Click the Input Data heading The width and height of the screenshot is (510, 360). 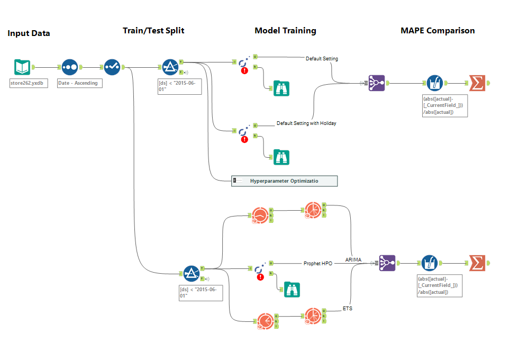coord(29,33)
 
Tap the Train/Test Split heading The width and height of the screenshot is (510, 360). coord(153,31)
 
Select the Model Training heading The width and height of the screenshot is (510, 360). coord(285,31)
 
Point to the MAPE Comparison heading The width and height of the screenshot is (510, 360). coord(438,31)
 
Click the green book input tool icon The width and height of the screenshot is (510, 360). coord(22,67)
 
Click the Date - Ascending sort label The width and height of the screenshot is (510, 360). coord(77,83)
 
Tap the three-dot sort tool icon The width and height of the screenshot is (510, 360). coord(70,67)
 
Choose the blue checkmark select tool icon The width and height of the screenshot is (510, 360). coord(112,67)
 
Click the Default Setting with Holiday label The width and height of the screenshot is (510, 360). coord(306,123)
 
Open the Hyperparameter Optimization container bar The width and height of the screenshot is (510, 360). coord(284,181)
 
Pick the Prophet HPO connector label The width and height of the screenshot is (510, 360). coord(318,263)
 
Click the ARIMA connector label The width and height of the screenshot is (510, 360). coord(353,259)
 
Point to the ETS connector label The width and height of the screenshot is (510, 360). coord(348,308)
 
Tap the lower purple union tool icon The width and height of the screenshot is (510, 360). coord(387,263)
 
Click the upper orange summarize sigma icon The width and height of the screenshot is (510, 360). coord(477,83)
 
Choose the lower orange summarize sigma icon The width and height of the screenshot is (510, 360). coord(477,263)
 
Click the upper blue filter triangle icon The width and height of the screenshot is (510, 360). coord(169,67)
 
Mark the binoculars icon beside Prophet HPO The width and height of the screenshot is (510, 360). coord(292,289)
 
